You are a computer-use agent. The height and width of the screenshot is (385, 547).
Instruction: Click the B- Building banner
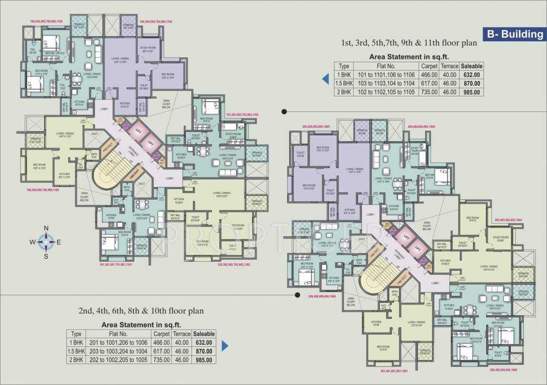514,34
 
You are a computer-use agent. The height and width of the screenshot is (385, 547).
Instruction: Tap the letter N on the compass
46,228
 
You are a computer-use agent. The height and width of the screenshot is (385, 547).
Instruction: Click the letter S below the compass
46,256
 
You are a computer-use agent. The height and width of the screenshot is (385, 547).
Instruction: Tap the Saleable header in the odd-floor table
472,66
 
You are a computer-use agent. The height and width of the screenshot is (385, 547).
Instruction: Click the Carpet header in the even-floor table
161,333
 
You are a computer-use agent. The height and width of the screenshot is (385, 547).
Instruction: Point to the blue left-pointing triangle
325,79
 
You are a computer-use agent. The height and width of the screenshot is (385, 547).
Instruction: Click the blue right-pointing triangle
225,346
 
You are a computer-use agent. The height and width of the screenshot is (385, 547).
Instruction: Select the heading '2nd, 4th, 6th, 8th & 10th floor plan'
141,311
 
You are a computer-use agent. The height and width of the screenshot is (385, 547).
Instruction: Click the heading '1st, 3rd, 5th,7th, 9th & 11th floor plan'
407,43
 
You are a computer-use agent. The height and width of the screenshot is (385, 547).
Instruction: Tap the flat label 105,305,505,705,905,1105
46,22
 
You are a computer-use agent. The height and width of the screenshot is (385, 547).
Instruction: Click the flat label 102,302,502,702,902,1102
233,264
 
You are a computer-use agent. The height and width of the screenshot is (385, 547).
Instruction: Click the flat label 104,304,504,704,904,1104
156,22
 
